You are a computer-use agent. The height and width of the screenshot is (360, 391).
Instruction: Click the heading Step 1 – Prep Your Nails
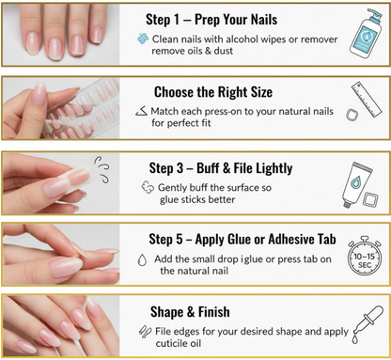[211, 20]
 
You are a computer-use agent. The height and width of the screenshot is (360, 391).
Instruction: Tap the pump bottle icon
[366, 33]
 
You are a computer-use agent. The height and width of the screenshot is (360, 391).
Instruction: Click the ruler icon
[367, 100]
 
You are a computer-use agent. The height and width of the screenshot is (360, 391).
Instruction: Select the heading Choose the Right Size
[213, 92]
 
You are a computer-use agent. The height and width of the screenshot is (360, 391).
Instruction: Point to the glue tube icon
[356, 184]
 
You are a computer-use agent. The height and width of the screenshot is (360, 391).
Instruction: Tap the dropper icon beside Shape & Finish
[368, 324]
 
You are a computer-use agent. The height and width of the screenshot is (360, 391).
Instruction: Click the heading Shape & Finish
[190, 312]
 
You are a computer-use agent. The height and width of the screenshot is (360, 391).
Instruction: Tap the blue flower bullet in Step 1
[143, 39]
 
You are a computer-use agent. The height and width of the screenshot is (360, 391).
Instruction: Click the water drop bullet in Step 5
[143, 259]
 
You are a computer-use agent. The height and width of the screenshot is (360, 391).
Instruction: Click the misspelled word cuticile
[178, 343]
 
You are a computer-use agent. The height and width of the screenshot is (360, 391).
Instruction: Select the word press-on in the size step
[225, 112]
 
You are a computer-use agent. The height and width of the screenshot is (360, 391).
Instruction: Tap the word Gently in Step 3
[173, 188]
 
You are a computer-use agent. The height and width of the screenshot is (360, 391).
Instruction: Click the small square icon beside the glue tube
[370, 199]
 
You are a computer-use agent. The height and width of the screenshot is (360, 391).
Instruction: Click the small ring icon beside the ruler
[352, 115]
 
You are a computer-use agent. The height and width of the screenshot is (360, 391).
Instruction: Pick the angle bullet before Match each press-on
[142, 111]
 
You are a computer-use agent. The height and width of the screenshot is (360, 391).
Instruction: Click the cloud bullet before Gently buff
[148, 187]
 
